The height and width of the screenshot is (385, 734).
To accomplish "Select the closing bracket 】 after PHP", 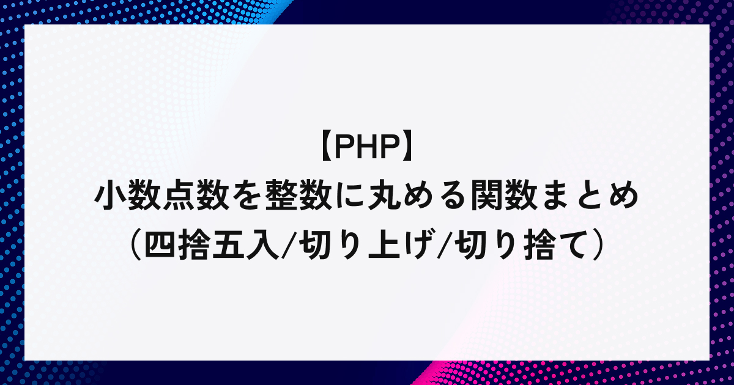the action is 408,148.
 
